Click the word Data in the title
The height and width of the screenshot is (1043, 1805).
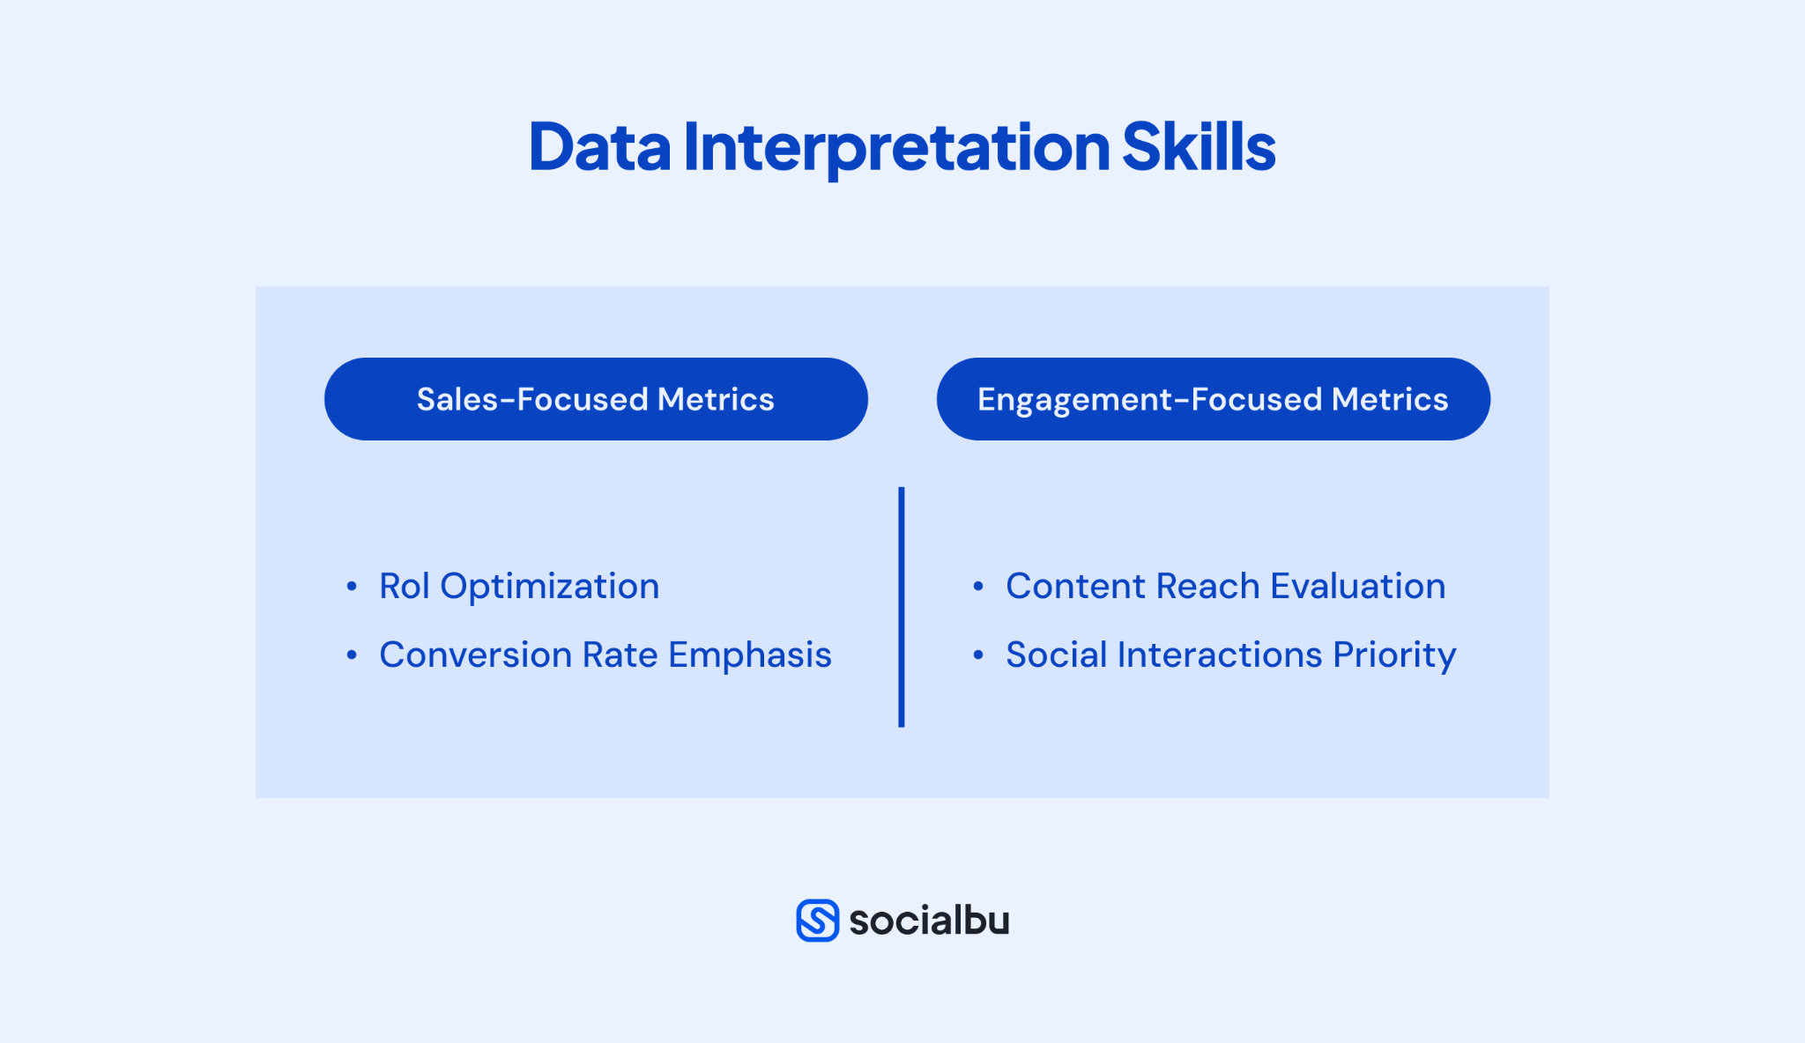pyautogui.click(x=599, y=147)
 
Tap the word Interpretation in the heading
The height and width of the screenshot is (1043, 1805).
pyautogui.click(x=895, y=147)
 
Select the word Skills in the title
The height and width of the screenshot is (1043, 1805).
pyautogui.click(x=1198, y=147)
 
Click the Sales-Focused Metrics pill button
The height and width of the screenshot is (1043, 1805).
pyautogui.click(x=596, y=399)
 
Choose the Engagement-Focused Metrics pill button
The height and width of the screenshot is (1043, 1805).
pyautogui.click(x=1213, y=399)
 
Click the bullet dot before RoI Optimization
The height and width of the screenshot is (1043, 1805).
pyautogui.click(x=352, y=587)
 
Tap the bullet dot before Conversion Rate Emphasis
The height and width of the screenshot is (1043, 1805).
pyautogui.click(x=352, y=655)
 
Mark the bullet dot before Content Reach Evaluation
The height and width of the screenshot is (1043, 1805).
pyautogui.click(x=978, y=587)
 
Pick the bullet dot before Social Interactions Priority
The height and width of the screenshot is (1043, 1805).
pyautogui.click(x=978, y=655)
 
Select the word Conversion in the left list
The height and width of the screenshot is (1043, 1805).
pyautogui.click(x=475, y=655)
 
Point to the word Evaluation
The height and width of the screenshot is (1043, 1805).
pyautogui.click(x=1357, y=587)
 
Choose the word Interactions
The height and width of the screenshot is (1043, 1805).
pyautogui.click(x=1219, y=655)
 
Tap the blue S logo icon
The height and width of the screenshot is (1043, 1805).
pyautogui.click(x=817, y=921)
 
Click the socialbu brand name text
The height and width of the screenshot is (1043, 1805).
pyautogui.click(x=929, y=921)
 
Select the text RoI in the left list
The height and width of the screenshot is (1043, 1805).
pyautogui.click(x=404, y=587)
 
